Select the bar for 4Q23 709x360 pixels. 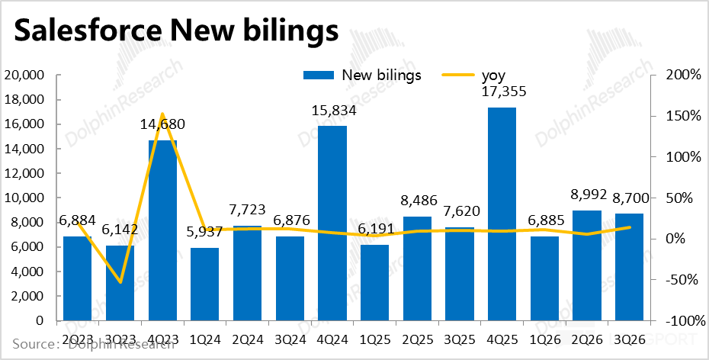(162, 229)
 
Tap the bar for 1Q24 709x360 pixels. (204, 284)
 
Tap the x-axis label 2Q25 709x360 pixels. (416, 337)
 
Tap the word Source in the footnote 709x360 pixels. (32, 344)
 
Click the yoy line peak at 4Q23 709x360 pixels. (162, 114)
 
